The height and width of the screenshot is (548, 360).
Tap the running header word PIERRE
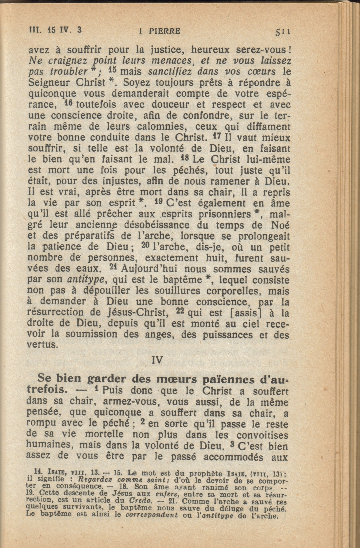coord(165,31)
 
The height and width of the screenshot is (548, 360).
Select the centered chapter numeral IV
coord(157,360)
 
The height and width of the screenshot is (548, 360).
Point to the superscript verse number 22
coord(180,311)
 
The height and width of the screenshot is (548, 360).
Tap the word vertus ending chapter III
coord(42,345)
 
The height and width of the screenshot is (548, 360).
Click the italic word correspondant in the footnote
coord(152,515)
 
